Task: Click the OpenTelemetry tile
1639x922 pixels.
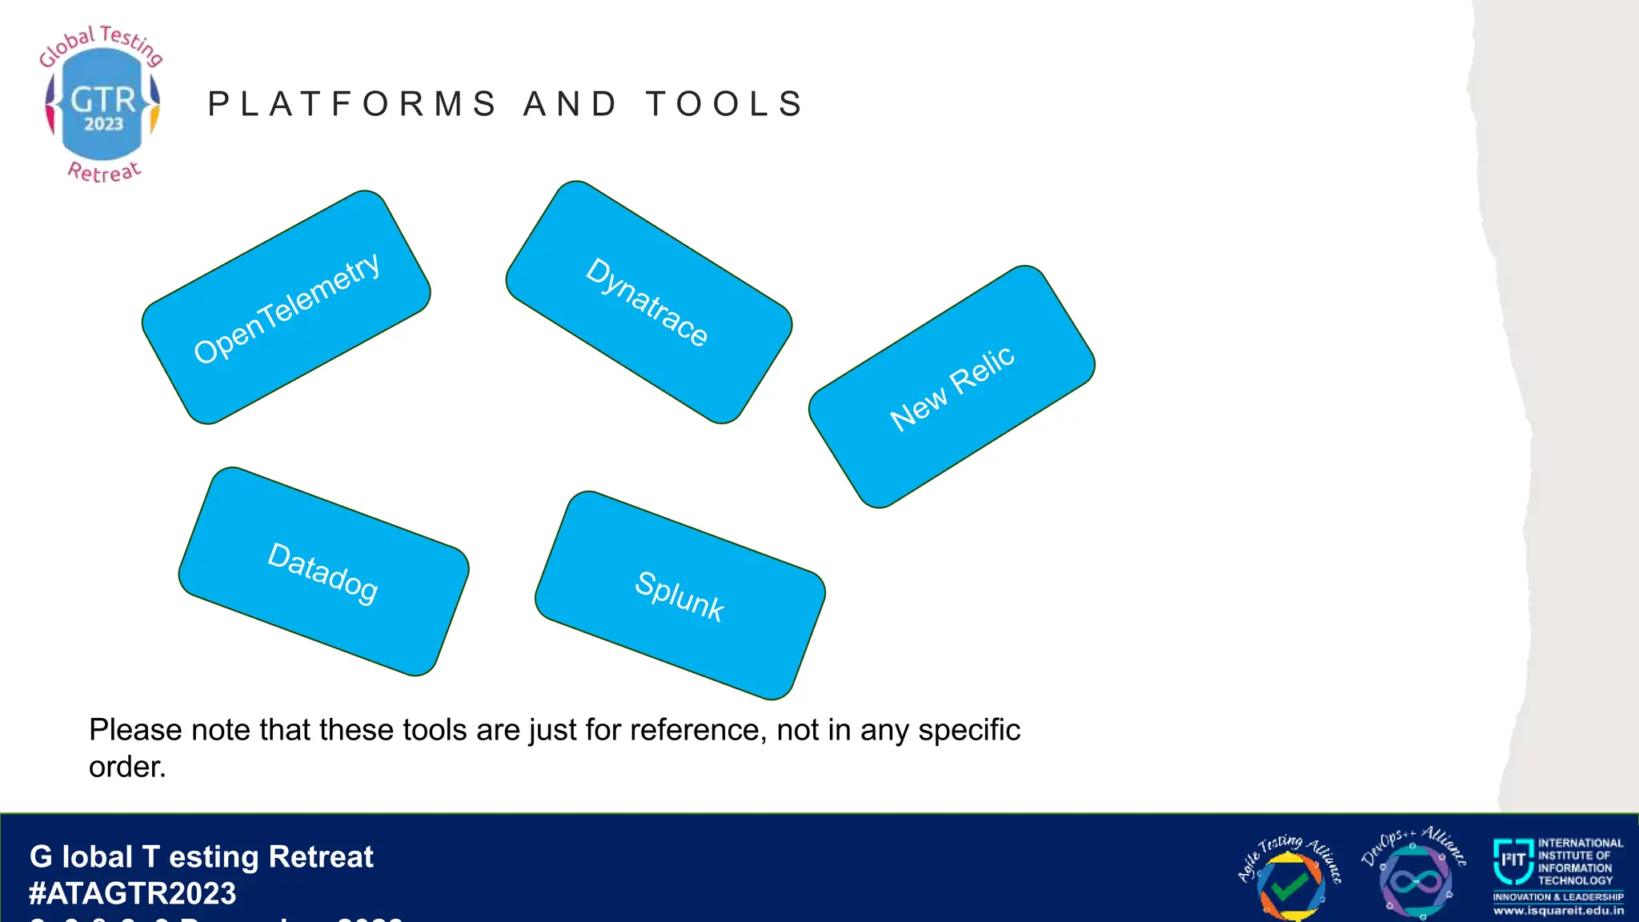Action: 287,307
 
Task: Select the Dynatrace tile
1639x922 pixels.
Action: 648,302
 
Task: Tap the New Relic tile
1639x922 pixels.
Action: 952,387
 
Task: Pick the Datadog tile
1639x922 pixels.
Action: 323,571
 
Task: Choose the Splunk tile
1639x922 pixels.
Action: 679,595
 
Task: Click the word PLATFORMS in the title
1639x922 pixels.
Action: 353,104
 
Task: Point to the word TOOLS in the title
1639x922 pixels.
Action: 725,104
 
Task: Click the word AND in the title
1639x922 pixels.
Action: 571,104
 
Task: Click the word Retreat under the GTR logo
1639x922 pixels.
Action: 104,171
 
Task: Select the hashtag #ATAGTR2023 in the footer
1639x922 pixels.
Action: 133,893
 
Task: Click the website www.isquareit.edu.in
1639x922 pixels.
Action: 1558,911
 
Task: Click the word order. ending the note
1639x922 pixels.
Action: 127,767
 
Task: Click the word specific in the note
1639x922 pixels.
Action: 969,730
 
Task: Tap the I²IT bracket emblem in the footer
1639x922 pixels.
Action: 1513,860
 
